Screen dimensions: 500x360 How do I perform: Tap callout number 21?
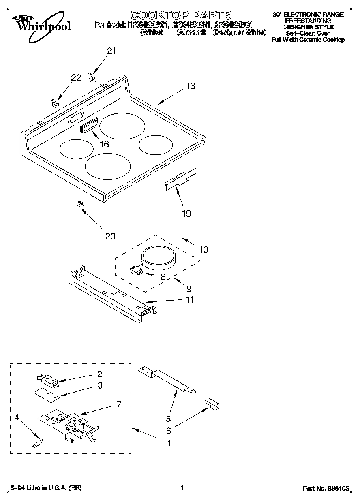(x=111, y=51)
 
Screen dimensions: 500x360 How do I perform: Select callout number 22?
(x=76, y=78)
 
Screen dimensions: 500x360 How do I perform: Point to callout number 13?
(x=191, y=86)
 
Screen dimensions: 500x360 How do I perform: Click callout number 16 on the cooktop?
(x=104, y=144)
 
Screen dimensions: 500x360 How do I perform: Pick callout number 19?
(x=186, y=214)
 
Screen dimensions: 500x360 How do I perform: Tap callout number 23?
(x=110, y=236)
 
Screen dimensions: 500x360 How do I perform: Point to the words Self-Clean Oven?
(x=308, y=33)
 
